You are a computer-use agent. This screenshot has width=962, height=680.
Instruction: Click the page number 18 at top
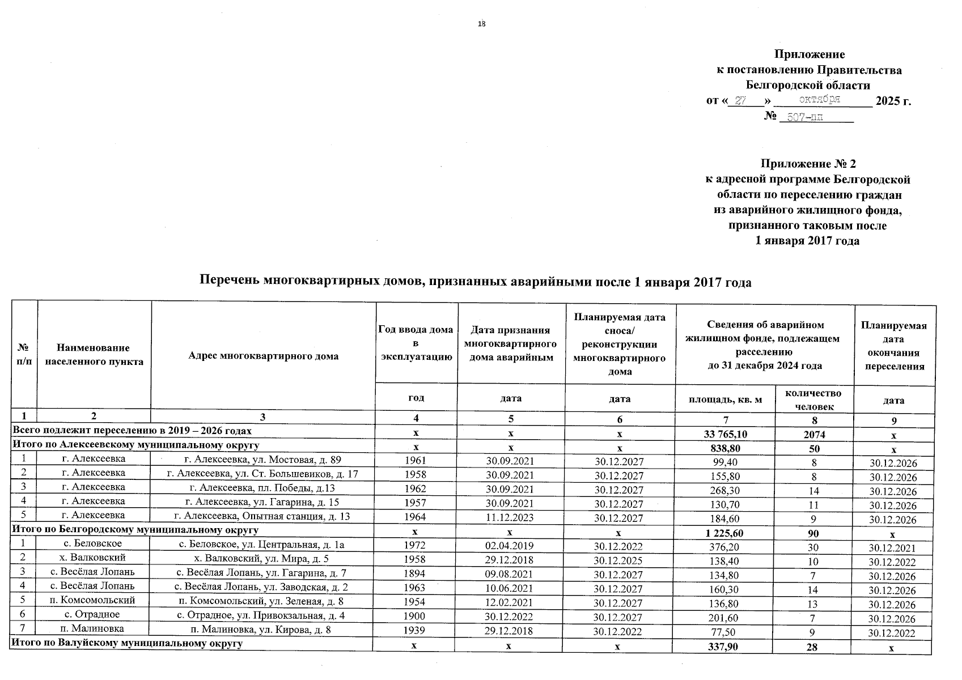482,24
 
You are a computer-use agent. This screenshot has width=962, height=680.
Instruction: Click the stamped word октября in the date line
819,100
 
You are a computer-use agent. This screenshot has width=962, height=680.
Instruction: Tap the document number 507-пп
804,117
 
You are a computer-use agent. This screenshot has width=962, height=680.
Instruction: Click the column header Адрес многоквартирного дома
263,356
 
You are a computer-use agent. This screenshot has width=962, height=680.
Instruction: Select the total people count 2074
815,435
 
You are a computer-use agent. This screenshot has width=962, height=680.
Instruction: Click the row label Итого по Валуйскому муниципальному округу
128,644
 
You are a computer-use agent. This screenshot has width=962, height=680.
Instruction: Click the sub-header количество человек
815,399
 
